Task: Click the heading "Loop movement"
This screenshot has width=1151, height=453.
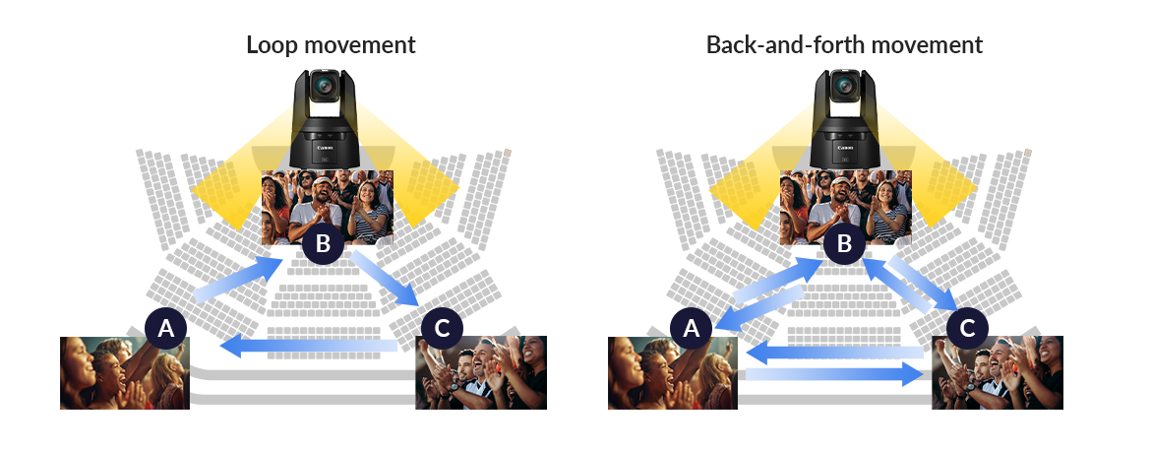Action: coord(331,44)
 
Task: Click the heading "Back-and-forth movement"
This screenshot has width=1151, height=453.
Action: coord(844,44)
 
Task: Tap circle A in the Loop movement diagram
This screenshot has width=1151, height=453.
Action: coord(165,328)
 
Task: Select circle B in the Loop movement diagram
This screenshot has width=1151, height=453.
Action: coord(323,243)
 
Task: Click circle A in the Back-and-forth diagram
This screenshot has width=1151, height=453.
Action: coord(691,328)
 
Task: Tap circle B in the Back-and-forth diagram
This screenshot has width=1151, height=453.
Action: coord(843,243)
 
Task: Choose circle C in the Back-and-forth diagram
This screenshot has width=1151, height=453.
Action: coord(967,328)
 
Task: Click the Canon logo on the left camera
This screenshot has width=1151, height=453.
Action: coord(324,149)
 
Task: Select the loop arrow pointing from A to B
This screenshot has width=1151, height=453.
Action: coord(236,279)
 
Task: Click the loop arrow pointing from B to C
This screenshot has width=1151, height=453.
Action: coord(387,279)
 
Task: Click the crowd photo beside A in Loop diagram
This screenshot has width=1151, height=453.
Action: coord(124,372)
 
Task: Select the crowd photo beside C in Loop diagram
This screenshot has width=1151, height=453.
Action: coord(480,372)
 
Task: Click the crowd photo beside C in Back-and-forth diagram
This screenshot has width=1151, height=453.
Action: coord(998,372)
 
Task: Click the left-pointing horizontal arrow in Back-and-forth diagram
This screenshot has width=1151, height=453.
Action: coord(834,352)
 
